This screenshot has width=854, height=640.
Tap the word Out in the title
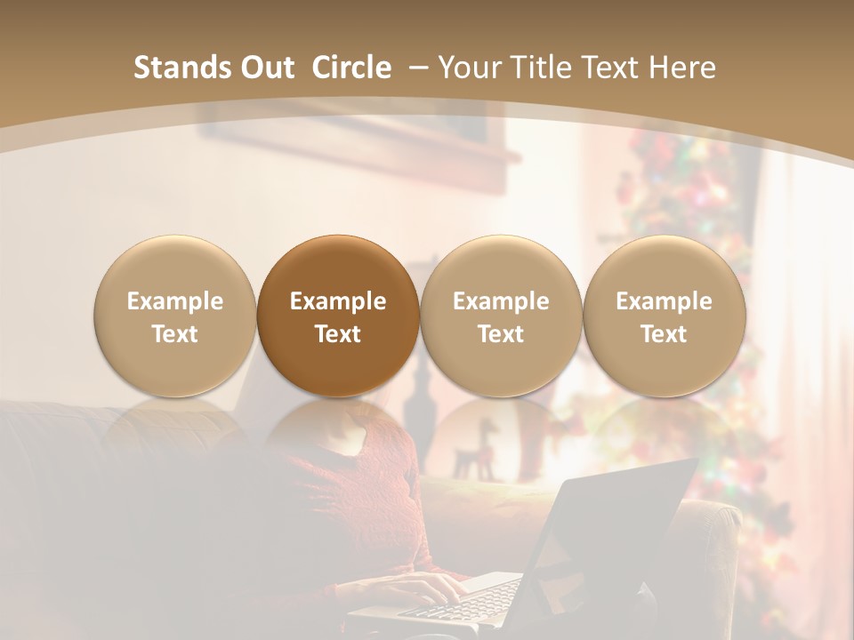(x=265, y=68)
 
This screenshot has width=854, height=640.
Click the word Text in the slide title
(x=614, y=68)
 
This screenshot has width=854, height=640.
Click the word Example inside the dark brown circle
(x=338, y=301)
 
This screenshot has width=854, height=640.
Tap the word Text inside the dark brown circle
(x=338, y=334)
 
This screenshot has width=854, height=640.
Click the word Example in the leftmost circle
(x=175, y=301)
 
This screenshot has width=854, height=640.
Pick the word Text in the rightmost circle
(x=664, y=334)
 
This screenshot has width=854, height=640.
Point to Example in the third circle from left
(x=501, y=301)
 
